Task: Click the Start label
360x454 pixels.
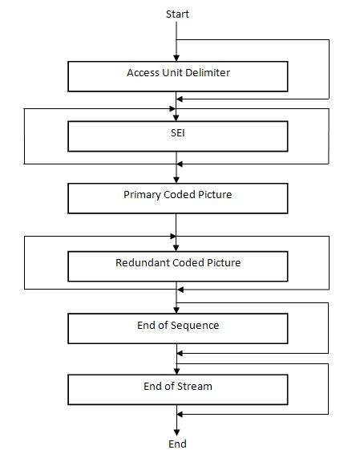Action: (x=177, y=14)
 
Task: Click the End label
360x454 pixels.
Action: (x=177, y=444)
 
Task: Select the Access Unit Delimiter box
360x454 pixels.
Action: (x=178, y=76)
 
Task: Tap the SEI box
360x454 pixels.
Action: (x=178, y=136)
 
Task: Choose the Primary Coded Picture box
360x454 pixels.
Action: (x=178, y=198)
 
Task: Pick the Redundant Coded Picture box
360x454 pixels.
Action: (x=178, y=266)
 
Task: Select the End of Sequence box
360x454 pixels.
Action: (x=178, y=329)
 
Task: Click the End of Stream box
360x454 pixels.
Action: (x=178, y=390)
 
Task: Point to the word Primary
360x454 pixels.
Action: (x=142, y=195)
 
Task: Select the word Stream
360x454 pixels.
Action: (x=195, y=387)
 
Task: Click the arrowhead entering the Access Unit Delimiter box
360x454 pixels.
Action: (x=176, y=58)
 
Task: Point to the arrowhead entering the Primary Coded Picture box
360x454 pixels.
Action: (x=176, y=180)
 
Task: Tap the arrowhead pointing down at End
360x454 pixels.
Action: (x=176, y=432)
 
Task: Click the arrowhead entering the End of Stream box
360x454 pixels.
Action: (x=177, y=371)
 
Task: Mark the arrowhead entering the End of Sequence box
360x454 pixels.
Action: (x=176, y=310)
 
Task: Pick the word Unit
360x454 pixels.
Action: (x=172, y=72)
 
